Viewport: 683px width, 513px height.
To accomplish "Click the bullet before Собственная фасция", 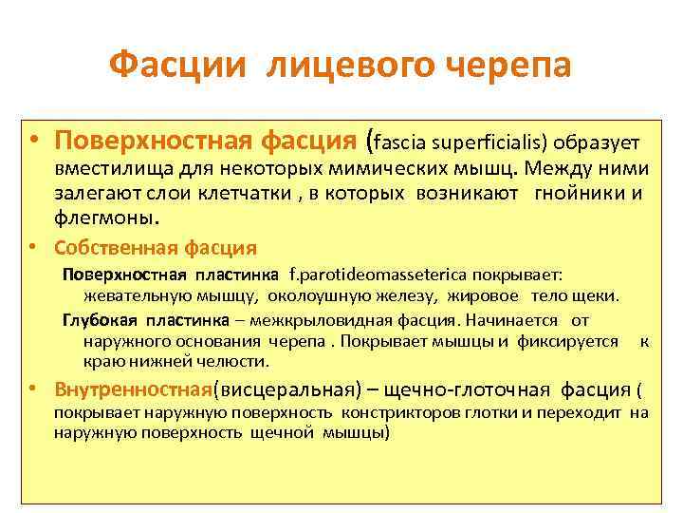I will (32, 248).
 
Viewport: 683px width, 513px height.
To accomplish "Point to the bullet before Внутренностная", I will (32, 389).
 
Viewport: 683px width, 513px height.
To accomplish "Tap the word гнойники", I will (579, 194).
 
